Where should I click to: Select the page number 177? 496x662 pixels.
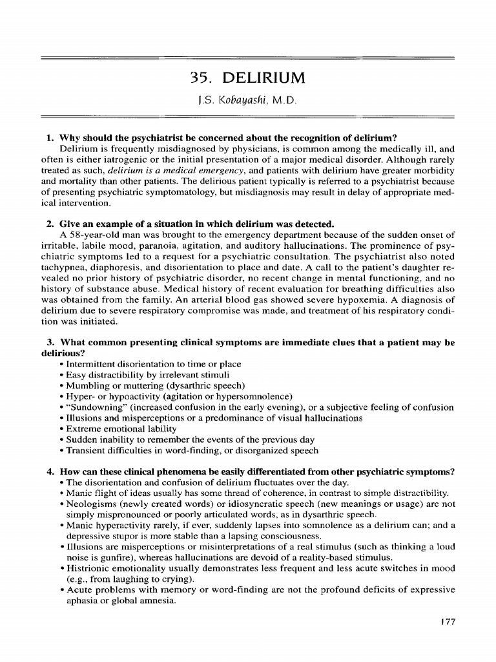(446, 621)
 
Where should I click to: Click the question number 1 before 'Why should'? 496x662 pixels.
(49, 138)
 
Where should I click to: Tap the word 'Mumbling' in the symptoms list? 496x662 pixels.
(87, 387)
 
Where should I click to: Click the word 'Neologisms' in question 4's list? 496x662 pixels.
(91, 504)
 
